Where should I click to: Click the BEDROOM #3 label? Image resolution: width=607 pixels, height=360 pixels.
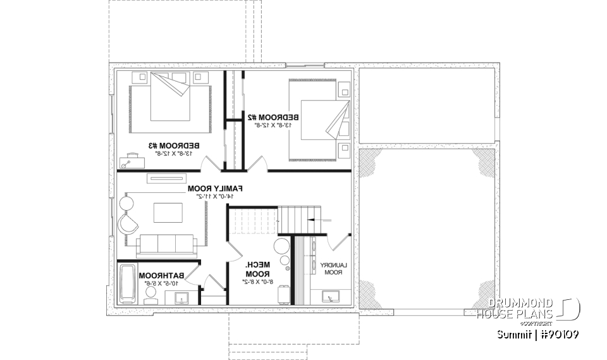point(169,145)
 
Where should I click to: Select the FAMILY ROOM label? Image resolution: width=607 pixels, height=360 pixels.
point(215,189)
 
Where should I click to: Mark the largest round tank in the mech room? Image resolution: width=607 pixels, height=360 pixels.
point(281,246)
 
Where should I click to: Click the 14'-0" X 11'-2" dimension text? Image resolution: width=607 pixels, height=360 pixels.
point(215,197)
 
